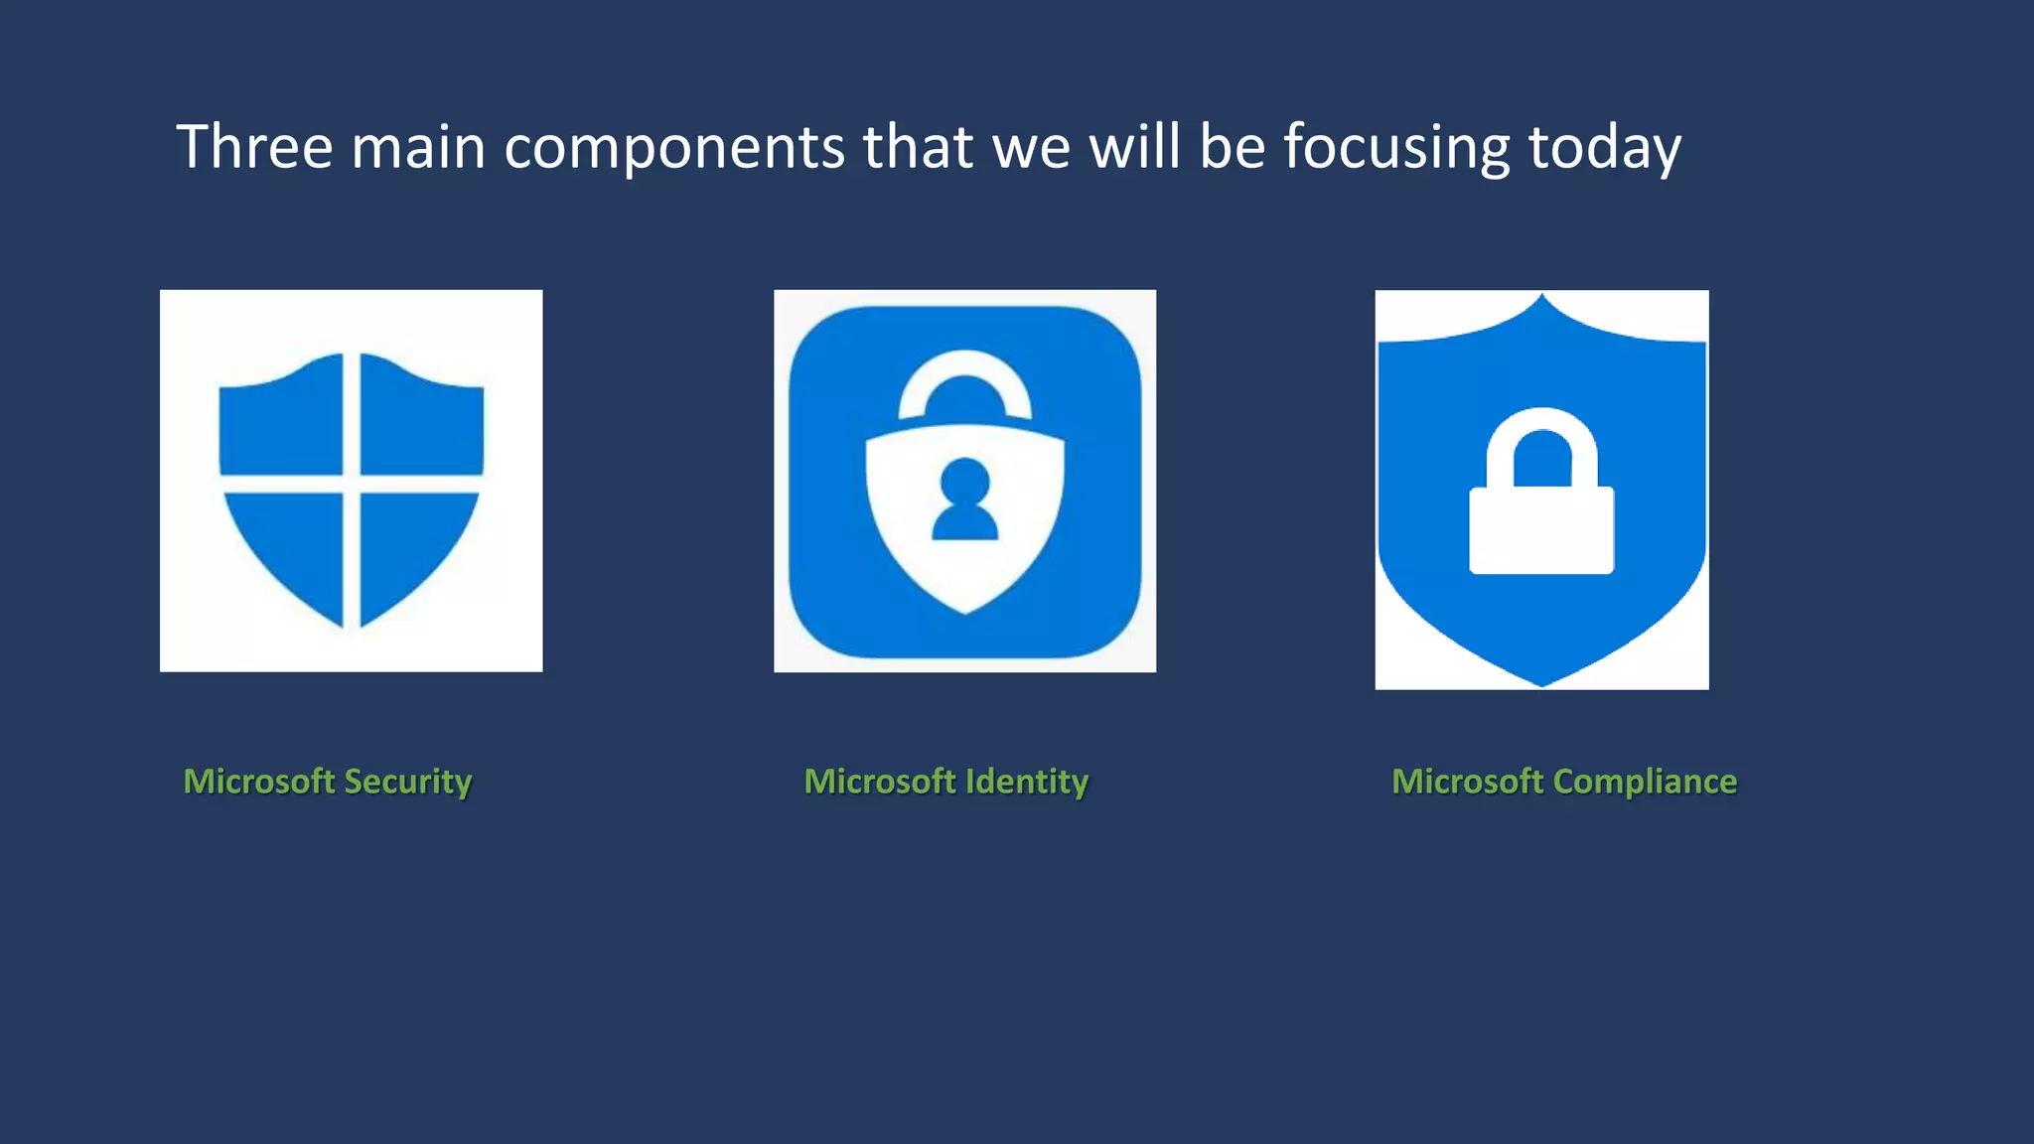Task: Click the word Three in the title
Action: click(x=254, y=147)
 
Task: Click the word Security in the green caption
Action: click(x=407, y=783)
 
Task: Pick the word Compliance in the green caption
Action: click(x=1645, y=783)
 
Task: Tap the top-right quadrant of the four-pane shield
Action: click(x=419, y=418)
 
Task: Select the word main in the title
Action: click(x=418, y=147)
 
